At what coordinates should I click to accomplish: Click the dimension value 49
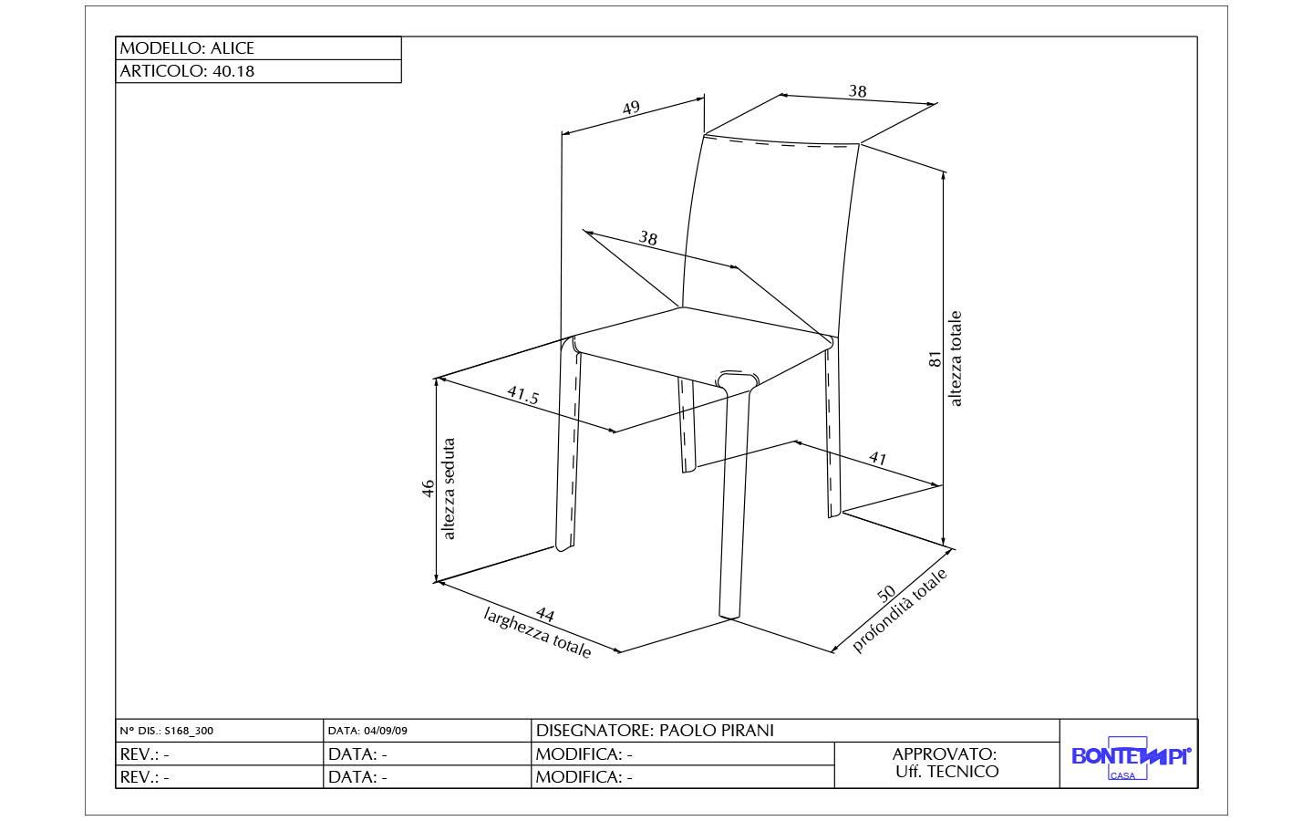[631, 108]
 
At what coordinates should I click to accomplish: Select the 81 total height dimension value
[935, 359]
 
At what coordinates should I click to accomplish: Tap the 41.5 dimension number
[522, 395]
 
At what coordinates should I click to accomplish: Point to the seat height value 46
[429, 489]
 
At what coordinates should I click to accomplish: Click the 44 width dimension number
[545, 614]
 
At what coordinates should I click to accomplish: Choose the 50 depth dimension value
[886, 594]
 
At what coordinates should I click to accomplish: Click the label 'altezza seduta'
[449, 489]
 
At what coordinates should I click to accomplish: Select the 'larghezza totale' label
[537, 633]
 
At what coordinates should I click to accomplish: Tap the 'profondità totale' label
[899, 610]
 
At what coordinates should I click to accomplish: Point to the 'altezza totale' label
[955, 359]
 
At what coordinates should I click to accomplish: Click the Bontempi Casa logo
[1131, 758]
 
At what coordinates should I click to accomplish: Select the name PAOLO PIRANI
[717, 731]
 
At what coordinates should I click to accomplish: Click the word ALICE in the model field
[233, 48]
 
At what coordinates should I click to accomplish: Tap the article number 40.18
[233, 71]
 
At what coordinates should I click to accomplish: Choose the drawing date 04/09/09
[385, 731]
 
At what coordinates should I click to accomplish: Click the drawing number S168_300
[189, 731]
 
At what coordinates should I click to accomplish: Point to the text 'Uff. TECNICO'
[946, 772]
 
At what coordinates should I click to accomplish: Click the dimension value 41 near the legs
[877, 457]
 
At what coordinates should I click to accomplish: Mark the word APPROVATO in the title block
[945, 754]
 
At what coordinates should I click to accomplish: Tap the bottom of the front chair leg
[729, 616]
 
